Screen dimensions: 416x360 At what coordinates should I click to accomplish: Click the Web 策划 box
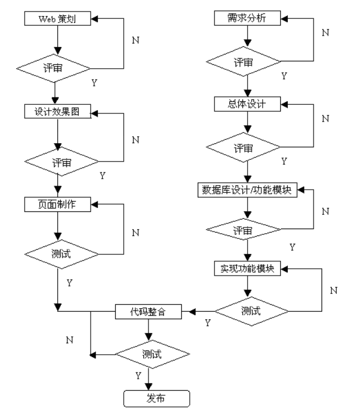pyautogui.click(x=58, y=18)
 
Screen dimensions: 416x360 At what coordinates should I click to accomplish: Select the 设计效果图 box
pyautogui.click(x=58, y=112)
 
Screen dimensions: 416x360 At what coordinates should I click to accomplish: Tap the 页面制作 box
pyautogui.click(x=58, y=203)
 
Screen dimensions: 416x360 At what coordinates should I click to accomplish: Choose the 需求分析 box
pyautogui.click(x=247, y=18)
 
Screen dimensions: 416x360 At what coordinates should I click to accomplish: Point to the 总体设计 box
pyautogui.click(x=247, y=105)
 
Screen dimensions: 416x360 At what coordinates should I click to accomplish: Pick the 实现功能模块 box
pyautogui.click(x=247, y=269)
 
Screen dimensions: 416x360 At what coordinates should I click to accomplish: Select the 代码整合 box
pyautogui.click(x=148, y=312)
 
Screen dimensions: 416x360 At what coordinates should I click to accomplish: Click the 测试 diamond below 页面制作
pyautogui.click(x=58, y=253)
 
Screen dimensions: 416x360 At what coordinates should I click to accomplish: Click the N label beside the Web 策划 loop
pyautogui.click(x=136, y=41)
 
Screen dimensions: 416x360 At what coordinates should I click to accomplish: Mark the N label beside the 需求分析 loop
pyautogui.click(x=325, y=33)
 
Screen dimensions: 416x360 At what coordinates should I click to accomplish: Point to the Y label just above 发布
pyautogui.click(x=138, y=375)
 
